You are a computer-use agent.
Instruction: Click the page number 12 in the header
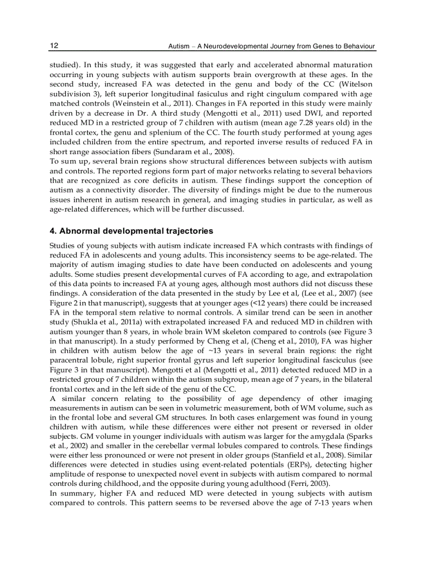click(54, 46)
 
